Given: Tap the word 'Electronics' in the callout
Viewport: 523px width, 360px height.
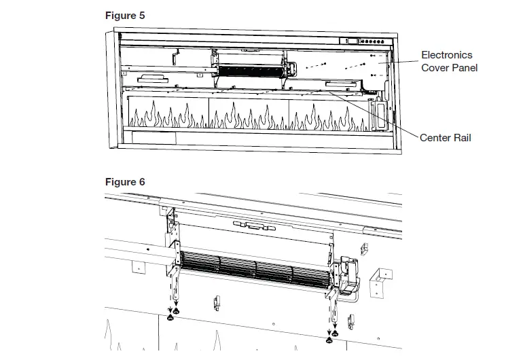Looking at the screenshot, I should (x=446, y=55).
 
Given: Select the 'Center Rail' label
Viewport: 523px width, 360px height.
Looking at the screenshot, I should (x=445, y=138).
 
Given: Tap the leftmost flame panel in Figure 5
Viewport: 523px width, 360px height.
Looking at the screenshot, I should (x=168, y=115).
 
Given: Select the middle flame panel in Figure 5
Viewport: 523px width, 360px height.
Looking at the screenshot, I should (x=249, y=115).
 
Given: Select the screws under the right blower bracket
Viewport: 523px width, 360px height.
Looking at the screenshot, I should (x=331, y=336).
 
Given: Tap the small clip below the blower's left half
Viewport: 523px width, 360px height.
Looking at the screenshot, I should (x=218, y=300).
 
